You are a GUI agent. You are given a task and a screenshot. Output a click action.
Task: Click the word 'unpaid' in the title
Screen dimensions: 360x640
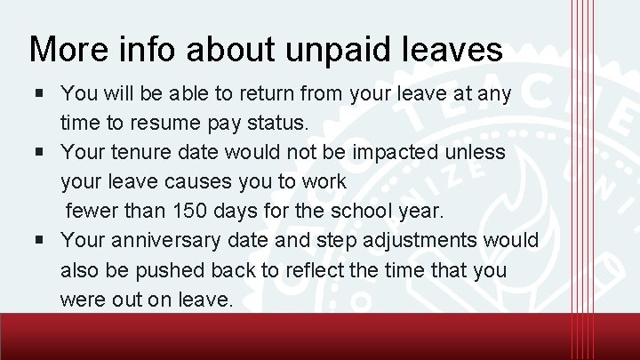click(x=317, y=50)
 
